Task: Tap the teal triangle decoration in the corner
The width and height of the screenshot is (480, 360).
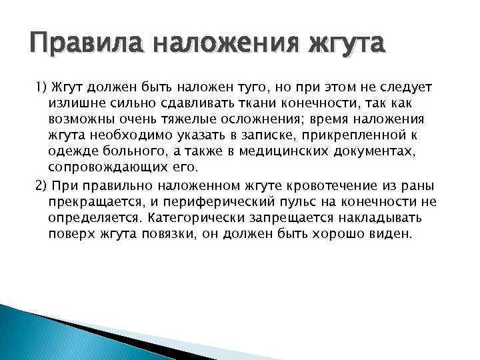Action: (40, 333)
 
